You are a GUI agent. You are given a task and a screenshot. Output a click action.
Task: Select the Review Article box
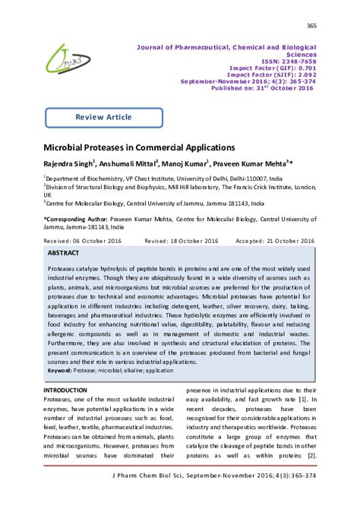[x=103, y=117]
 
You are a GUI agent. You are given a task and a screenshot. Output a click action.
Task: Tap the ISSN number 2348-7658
[x=295, y=62]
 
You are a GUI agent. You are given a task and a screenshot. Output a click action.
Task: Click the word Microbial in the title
[x=69, y=146]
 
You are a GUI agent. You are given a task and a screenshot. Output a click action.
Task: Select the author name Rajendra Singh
[x=67, y=163]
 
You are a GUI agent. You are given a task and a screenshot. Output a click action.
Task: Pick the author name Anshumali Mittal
[x=126, y=163]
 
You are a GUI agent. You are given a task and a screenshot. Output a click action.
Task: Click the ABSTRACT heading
[x=63, y=251]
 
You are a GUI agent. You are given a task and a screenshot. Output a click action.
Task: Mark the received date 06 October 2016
[x=96, y=239]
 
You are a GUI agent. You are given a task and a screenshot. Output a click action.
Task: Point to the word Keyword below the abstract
[x=62, y=370]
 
